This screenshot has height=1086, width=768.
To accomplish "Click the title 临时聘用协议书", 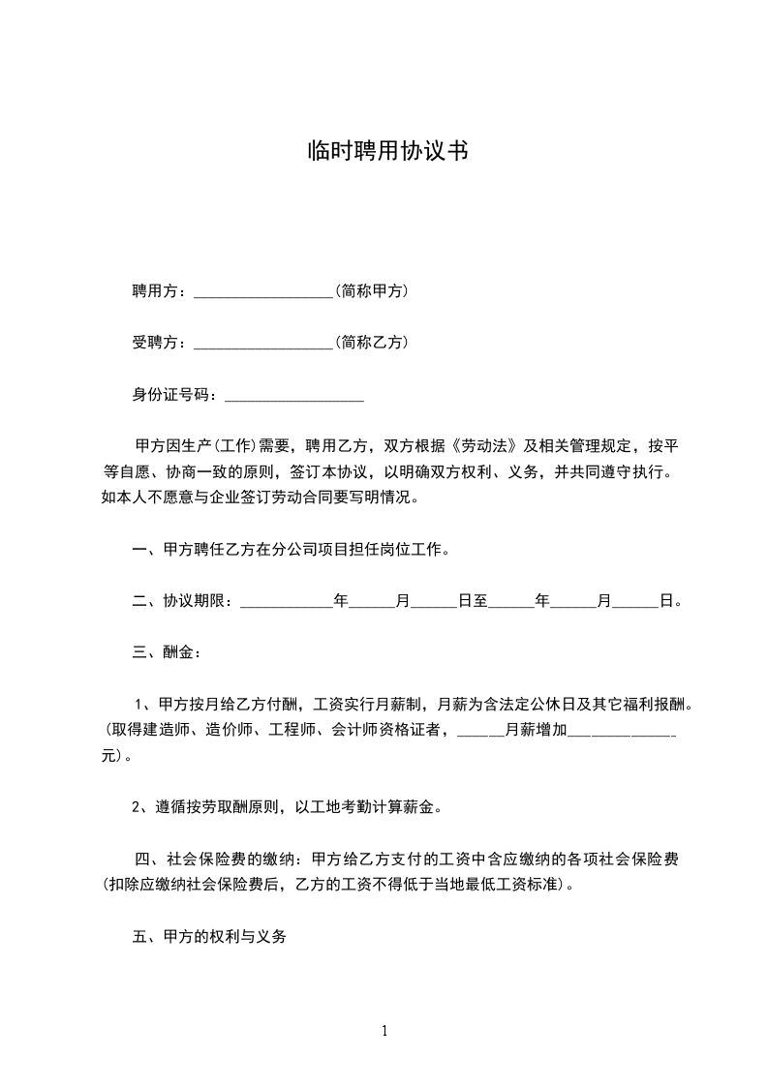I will tap(384, 151).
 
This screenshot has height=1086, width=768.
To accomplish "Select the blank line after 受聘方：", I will tap(263, 343).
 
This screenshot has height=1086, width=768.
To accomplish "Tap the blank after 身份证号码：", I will tap(293, 395).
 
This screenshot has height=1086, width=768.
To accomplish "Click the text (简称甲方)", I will tap(370, 290).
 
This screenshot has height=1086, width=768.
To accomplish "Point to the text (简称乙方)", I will tap(370, 343).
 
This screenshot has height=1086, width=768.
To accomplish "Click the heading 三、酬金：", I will tap(167, 652).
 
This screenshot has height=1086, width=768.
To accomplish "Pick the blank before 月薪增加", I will tap(480, 731).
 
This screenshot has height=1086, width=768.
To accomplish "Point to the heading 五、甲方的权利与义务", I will tap(209, 938).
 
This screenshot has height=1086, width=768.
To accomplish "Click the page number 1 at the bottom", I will tap(384, 1030).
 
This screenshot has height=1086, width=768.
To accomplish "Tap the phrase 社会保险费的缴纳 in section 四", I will tap(229, 860).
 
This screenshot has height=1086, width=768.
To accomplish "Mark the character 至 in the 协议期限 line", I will tap(480, 601).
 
